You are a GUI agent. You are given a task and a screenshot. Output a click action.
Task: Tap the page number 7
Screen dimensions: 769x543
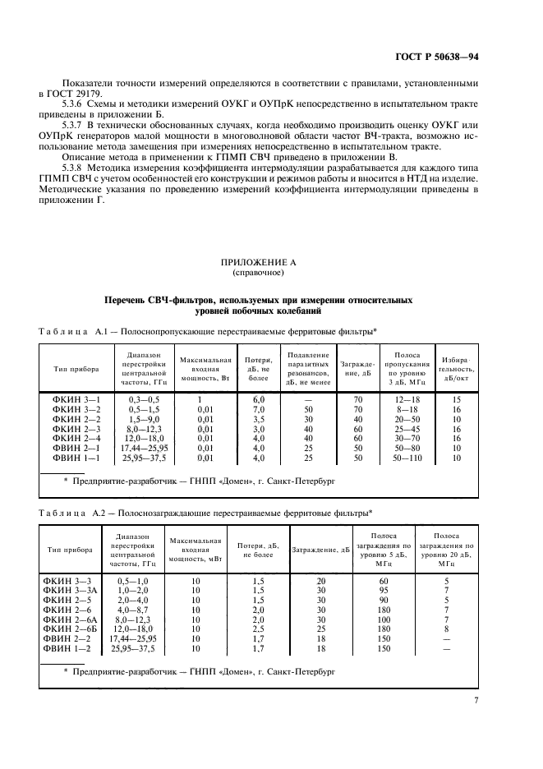click(x=476, y=700)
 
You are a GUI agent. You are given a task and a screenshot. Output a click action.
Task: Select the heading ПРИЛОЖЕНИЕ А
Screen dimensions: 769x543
click(x=258, y=260)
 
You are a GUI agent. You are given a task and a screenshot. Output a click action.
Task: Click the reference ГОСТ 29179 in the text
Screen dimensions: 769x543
click(x=77, y=94)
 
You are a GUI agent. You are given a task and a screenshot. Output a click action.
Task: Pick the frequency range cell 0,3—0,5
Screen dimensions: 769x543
click(x=144, y=398)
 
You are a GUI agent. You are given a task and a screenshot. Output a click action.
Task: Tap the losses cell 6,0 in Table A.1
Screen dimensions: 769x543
click(x=258, y=398)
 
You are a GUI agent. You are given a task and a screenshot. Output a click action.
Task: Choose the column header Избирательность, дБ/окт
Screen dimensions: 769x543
click(x=457, y=369)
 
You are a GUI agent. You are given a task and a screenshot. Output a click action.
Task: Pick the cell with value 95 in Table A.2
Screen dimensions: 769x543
click(x=383, y=590)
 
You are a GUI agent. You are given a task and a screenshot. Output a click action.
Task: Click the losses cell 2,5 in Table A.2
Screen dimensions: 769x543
click(x=258, y=629)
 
